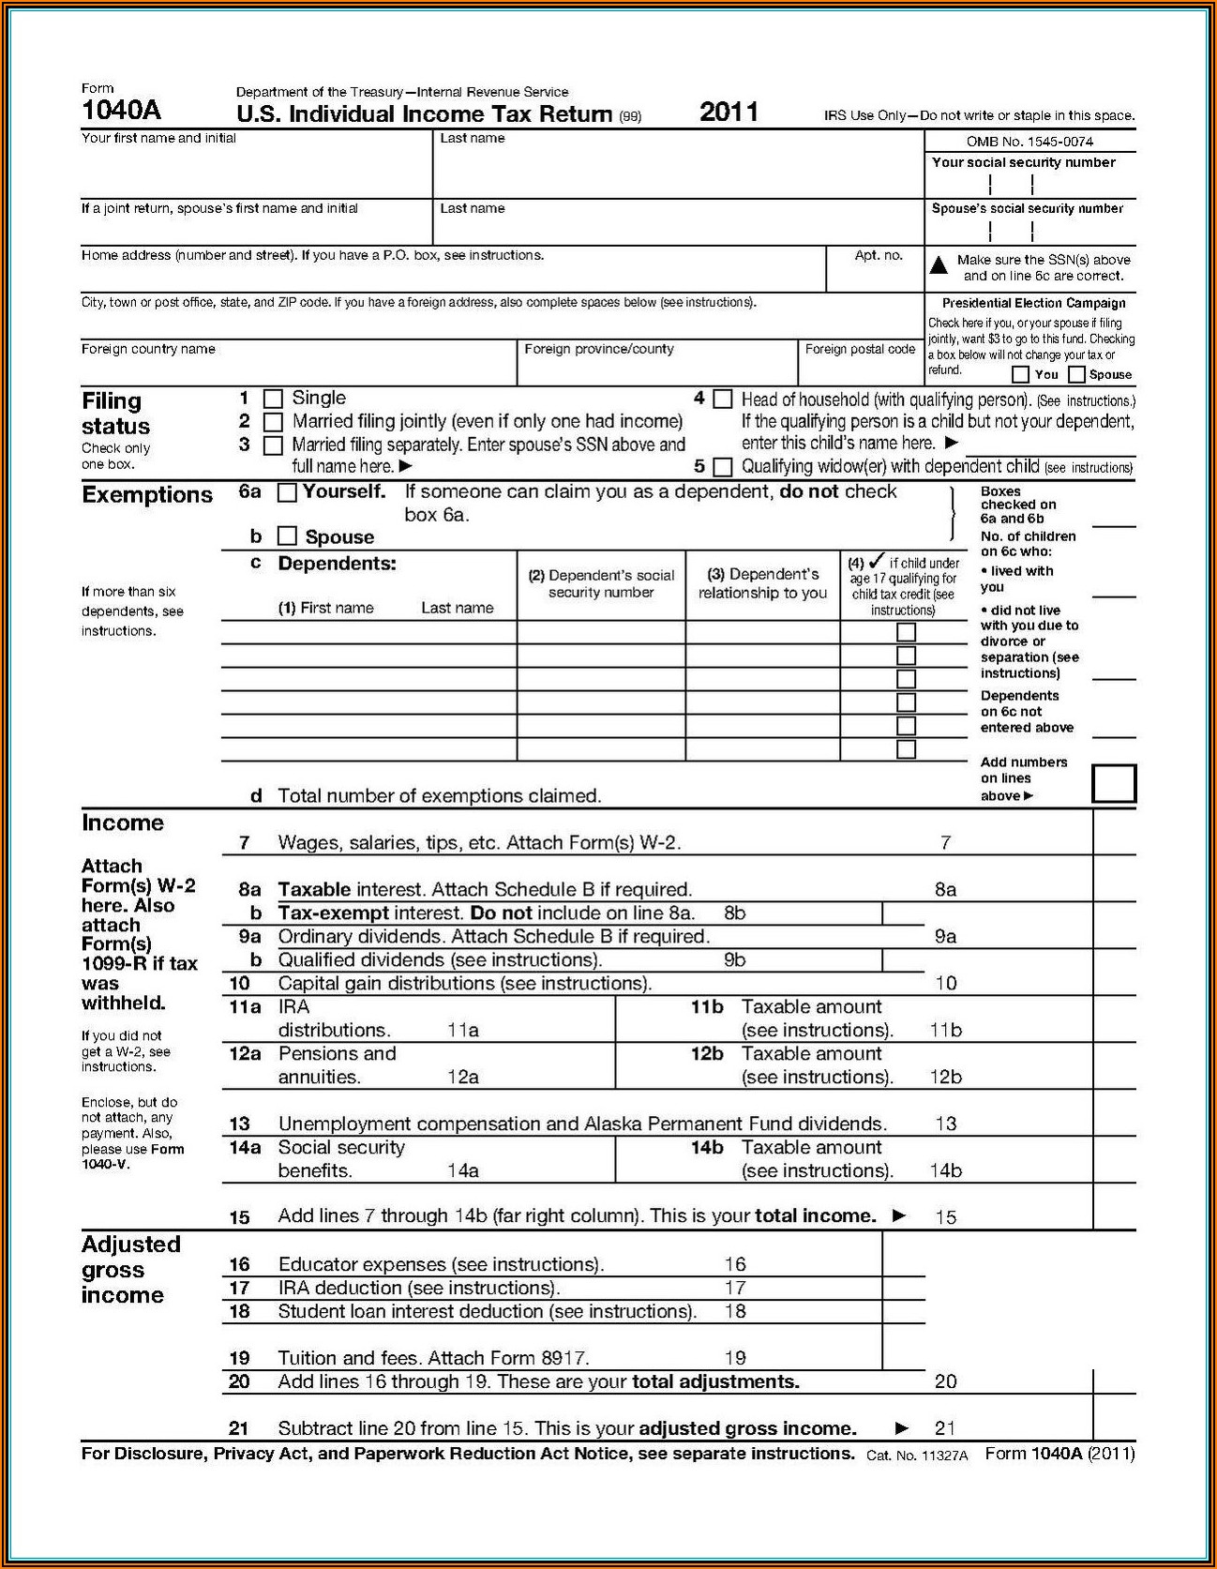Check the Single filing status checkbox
pyautogui.click(x=273, y=399)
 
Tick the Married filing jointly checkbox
pyautogui.click(x=273, y=422)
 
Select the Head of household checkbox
pyautogui.click(x=722, y=400)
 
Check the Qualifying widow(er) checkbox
pyautogui.click(x=722, y=466)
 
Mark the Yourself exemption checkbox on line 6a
pyautogui.click(x=288, y=491)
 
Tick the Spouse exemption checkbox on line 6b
pyautogui.click(x=288, y=536)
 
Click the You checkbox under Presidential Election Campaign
pyautogui.click(x=1021, y=375)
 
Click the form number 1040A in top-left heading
pyautogui.click(x=121, y=111)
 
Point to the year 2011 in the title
pyautogui.click(x=729, y=112)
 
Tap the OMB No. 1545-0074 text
pyautogui.click(x=1029, y=142)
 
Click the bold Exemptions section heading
pyautogui.click(x=147, y=495)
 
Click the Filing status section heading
pyautogui.click(x=115, y=414)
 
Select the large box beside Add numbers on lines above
pyautogui.click(x=1114, y=784)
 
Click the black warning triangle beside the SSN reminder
pyautogui.click(x=939, y=264)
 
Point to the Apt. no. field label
pyautogui.click(x=879, y=255)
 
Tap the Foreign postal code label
pyautogui.click(x=860, y=349)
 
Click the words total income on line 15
pyautogui.click(x=815, y=1216)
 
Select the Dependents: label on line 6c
pyautogui.click(x=337, y=564)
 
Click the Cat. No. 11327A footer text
pyautogui.click(x=917, y=1456)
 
